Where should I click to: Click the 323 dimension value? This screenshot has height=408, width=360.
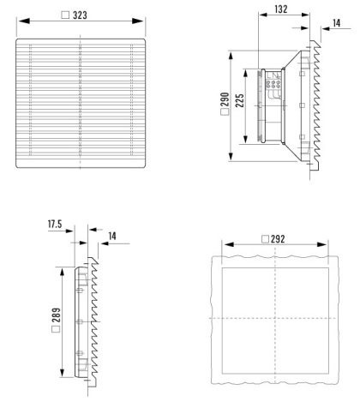80,15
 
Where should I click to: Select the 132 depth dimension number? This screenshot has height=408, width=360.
281,9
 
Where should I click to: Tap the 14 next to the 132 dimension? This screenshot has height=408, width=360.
337,23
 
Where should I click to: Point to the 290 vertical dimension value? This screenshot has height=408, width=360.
225,99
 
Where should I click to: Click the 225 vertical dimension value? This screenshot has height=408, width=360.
239,100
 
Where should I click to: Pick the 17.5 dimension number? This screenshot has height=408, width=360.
55,224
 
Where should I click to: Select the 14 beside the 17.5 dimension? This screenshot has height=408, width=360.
112,236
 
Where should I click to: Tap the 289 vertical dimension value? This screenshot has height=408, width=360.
57,315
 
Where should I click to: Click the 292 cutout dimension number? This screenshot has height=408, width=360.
278,239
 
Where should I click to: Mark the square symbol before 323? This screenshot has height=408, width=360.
65,15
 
